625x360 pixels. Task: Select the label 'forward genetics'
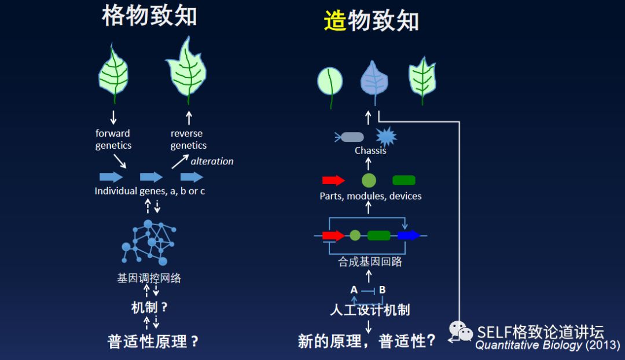pyautogui.click(x=113, y=139)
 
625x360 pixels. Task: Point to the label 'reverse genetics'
pyautogui.click(x=188, y=139)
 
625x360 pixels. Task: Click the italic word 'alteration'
pyautogui.click(x=212, y=161)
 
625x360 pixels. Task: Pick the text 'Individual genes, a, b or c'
pyautogui.click(x=150, y=191)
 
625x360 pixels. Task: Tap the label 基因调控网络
pyautogui.click(x=149, y=278)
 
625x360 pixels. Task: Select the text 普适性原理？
pyautogui.click(x=153, y=341)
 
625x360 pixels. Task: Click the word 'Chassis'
pyautogui.click(x=370, y=150)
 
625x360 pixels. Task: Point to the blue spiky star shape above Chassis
pyautogui.click(x=386, y=137)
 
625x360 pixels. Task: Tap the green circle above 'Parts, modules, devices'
pyautogui.click(x=369, y=180)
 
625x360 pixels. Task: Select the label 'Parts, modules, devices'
pyautogui.click(x=370, y=196)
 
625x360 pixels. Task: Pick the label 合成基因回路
pyautogui.click(x=370, y=262)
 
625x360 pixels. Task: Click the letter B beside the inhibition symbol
pyautogui.click(x=382, y=290)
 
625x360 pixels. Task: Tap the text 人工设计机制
pyautogui.click(x=370, y=310)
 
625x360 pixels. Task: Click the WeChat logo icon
pyautogui.click(x=461, y=332)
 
